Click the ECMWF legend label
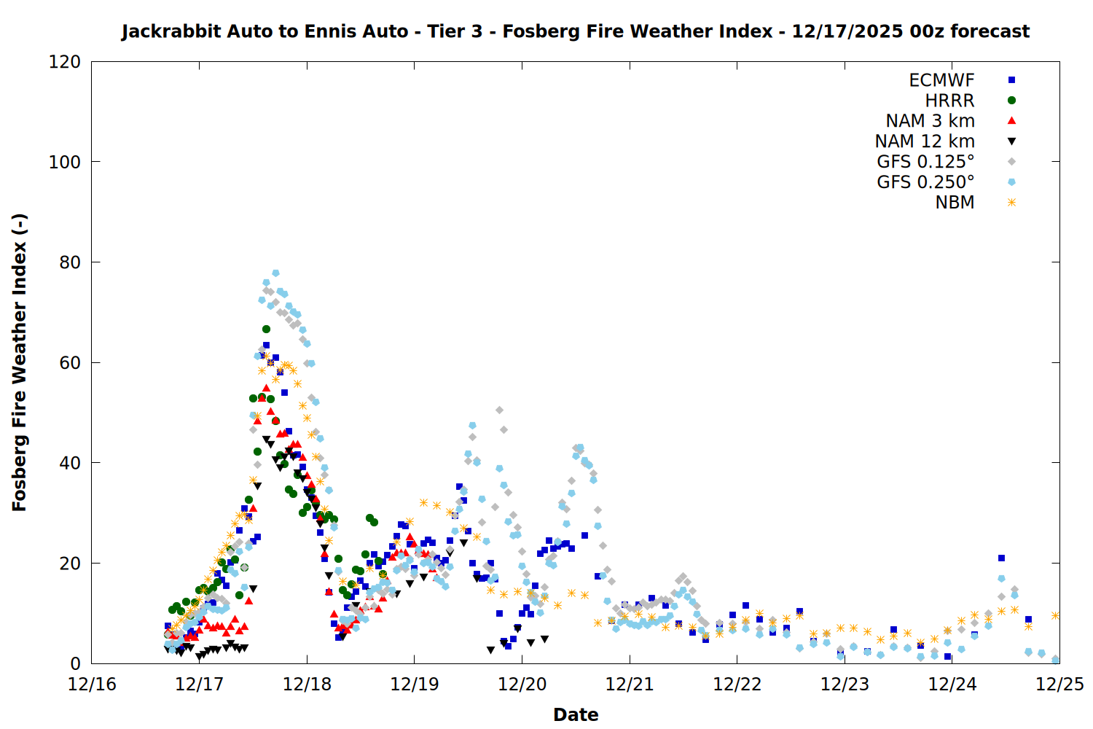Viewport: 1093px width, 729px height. [x=941, y=80]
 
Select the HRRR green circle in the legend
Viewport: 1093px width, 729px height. [x=1011, y=101]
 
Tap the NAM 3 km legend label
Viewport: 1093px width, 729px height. [x=930, y=121]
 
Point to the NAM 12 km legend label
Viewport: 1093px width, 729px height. [x=925, y=141]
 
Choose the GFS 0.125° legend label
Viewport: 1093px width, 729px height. [x=925, y=162]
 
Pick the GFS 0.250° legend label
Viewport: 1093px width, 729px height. [x=925, y=182]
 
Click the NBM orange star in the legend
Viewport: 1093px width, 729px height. [x=1011, y=203]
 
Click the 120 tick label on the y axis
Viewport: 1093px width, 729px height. [x=65, y=62]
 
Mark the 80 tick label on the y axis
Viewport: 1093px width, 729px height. [x=70, y=262]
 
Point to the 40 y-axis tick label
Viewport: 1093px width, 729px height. [x=70, y=463]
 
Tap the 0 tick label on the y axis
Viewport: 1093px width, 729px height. [x=75, y=663]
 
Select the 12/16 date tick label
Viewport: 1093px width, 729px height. [x=92, y=685]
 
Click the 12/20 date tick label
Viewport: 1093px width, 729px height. [x=522, y=685]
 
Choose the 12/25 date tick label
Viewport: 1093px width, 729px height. [x=1059, y=685]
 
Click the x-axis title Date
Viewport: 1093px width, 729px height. [x=576, y=714]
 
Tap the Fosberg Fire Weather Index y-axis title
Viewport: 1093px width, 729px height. [x=20, y=362]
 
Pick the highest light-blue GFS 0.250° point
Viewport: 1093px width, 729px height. [x=275, y=273]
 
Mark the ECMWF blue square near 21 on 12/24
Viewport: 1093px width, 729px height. [x=1001, y=558]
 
